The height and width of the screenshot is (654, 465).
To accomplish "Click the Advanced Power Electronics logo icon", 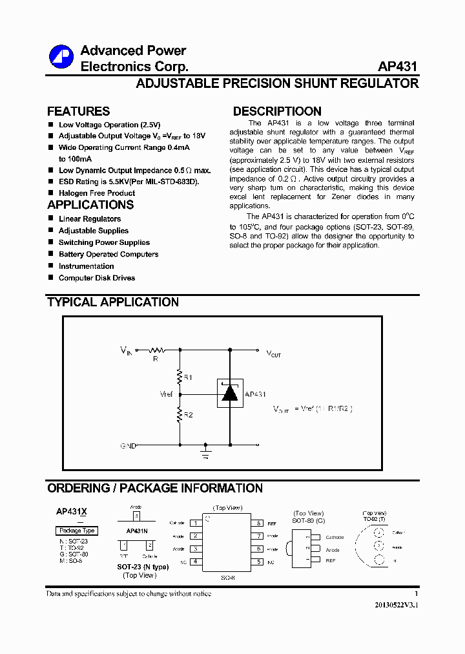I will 62,57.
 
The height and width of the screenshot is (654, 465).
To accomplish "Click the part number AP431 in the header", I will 398,67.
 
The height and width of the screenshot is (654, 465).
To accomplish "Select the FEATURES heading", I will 78,111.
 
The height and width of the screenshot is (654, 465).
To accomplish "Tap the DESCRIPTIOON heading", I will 277,111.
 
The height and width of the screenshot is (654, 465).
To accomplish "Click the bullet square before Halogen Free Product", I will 50,193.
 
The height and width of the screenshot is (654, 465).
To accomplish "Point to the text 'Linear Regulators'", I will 90,219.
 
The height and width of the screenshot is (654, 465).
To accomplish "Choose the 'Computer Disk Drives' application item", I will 97,278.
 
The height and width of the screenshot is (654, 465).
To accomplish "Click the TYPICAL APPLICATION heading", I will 113,302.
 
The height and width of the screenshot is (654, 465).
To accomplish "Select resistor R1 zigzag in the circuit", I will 180,375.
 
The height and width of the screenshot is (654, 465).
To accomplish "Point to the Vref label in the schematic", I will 167,394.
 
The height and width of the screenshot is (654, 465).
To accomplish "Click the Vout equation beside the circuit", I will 313,409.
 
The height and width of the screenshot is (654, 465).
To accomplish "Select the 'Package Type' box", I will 77,531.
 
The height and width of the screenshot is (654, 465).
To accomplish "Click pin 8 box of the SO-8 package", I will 258,523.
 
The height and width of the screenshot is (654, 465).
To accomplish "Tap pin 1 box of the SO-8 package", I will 194,523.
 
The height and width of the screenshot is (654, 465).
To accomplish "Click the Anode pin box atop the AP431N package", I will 136,516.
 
